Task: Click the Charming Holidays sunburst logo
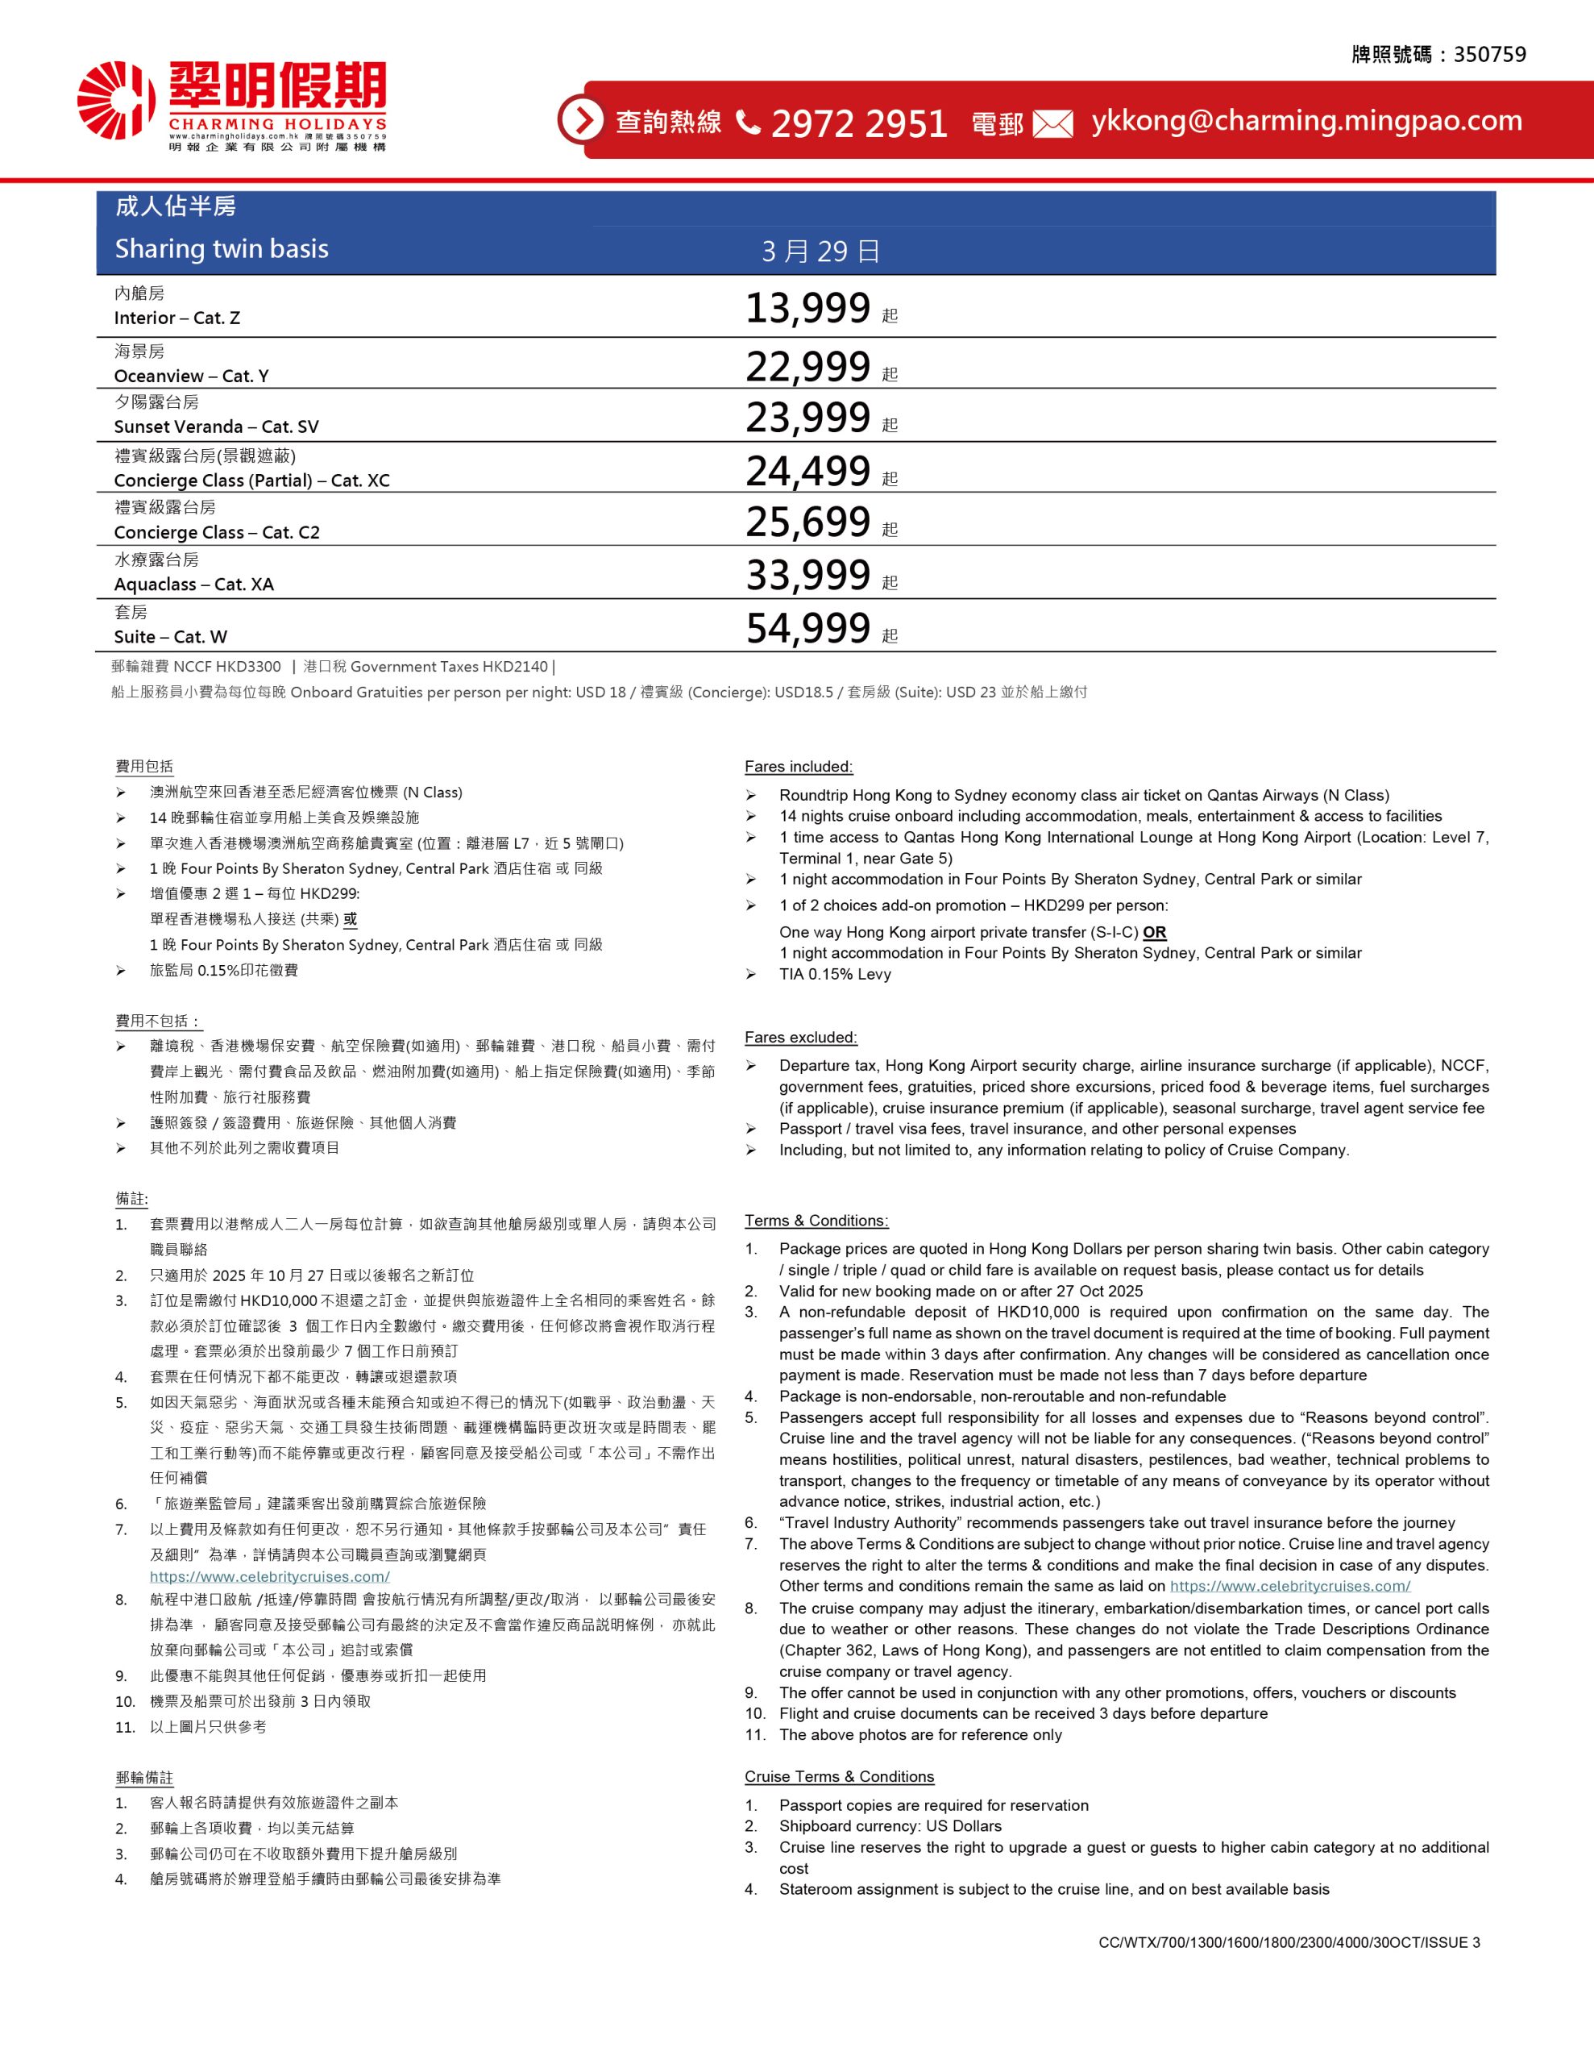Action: click(x=115, y=99)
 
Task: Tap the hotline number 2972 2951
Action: click(x=859, y=123)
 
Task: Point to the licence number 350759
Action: click(x=1489, y=55)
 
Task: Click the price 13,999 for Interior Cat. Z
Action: click(x=807, y=308)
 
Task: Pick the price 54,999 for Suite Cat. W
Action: click(x=807, y=628)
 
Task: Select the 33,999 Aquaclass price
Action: click(x=807, y=575)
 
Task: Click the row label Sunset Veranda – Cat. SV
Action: click(x=217, y=427)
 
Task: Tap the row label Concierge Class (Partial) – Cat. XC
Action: click(x=251, y=480)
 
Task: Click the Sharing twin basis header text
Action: click(x=221, y=248)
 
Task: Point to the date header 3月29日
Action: click(x=820, y=252)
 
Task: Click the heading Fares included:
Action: click(x=799, y=767)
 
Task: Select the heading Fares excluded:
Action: click(x=800, y=1037)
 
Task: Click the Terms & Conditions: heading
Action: click(x=816, y=1220)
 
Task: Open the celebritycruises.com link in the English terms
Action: click(x=1289, y=1586)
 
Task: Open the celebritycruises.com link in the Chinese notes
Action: click(x=269, y=1576)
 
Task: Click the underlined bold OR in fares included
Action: click(x=1154, y=932)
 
